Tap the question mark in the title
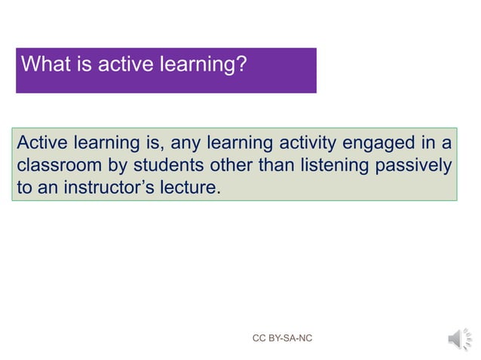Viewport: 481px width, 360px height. tap(241, 65)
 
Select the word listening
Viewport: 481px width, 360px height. tap(335, 165)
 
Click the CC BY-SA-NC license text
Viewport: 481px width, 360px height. tap(282, 339)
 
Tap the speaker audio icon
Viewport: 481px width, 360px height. tap(457, 339)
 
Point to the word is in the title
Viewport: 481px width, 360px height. tap(85, 65)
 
